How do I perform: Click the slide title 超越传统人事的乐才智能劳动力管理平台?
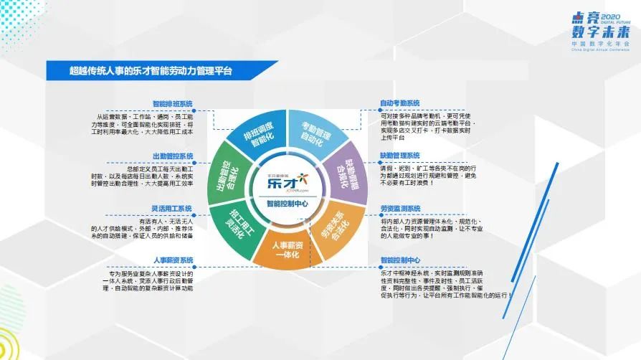(x=151, y=71)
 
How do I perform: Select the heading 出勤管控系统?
(x=172, y=156)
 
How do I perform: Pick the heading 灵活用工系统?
(x=172, y=209)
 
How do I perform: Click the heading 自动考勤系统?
(x=400, y=104)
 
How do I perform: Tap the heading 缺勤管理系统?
(x=400, y=156)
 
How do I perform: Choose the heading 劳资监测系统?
(x=400, y=208)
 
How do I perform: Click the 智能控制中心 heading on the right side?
(x=400, y=260)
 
